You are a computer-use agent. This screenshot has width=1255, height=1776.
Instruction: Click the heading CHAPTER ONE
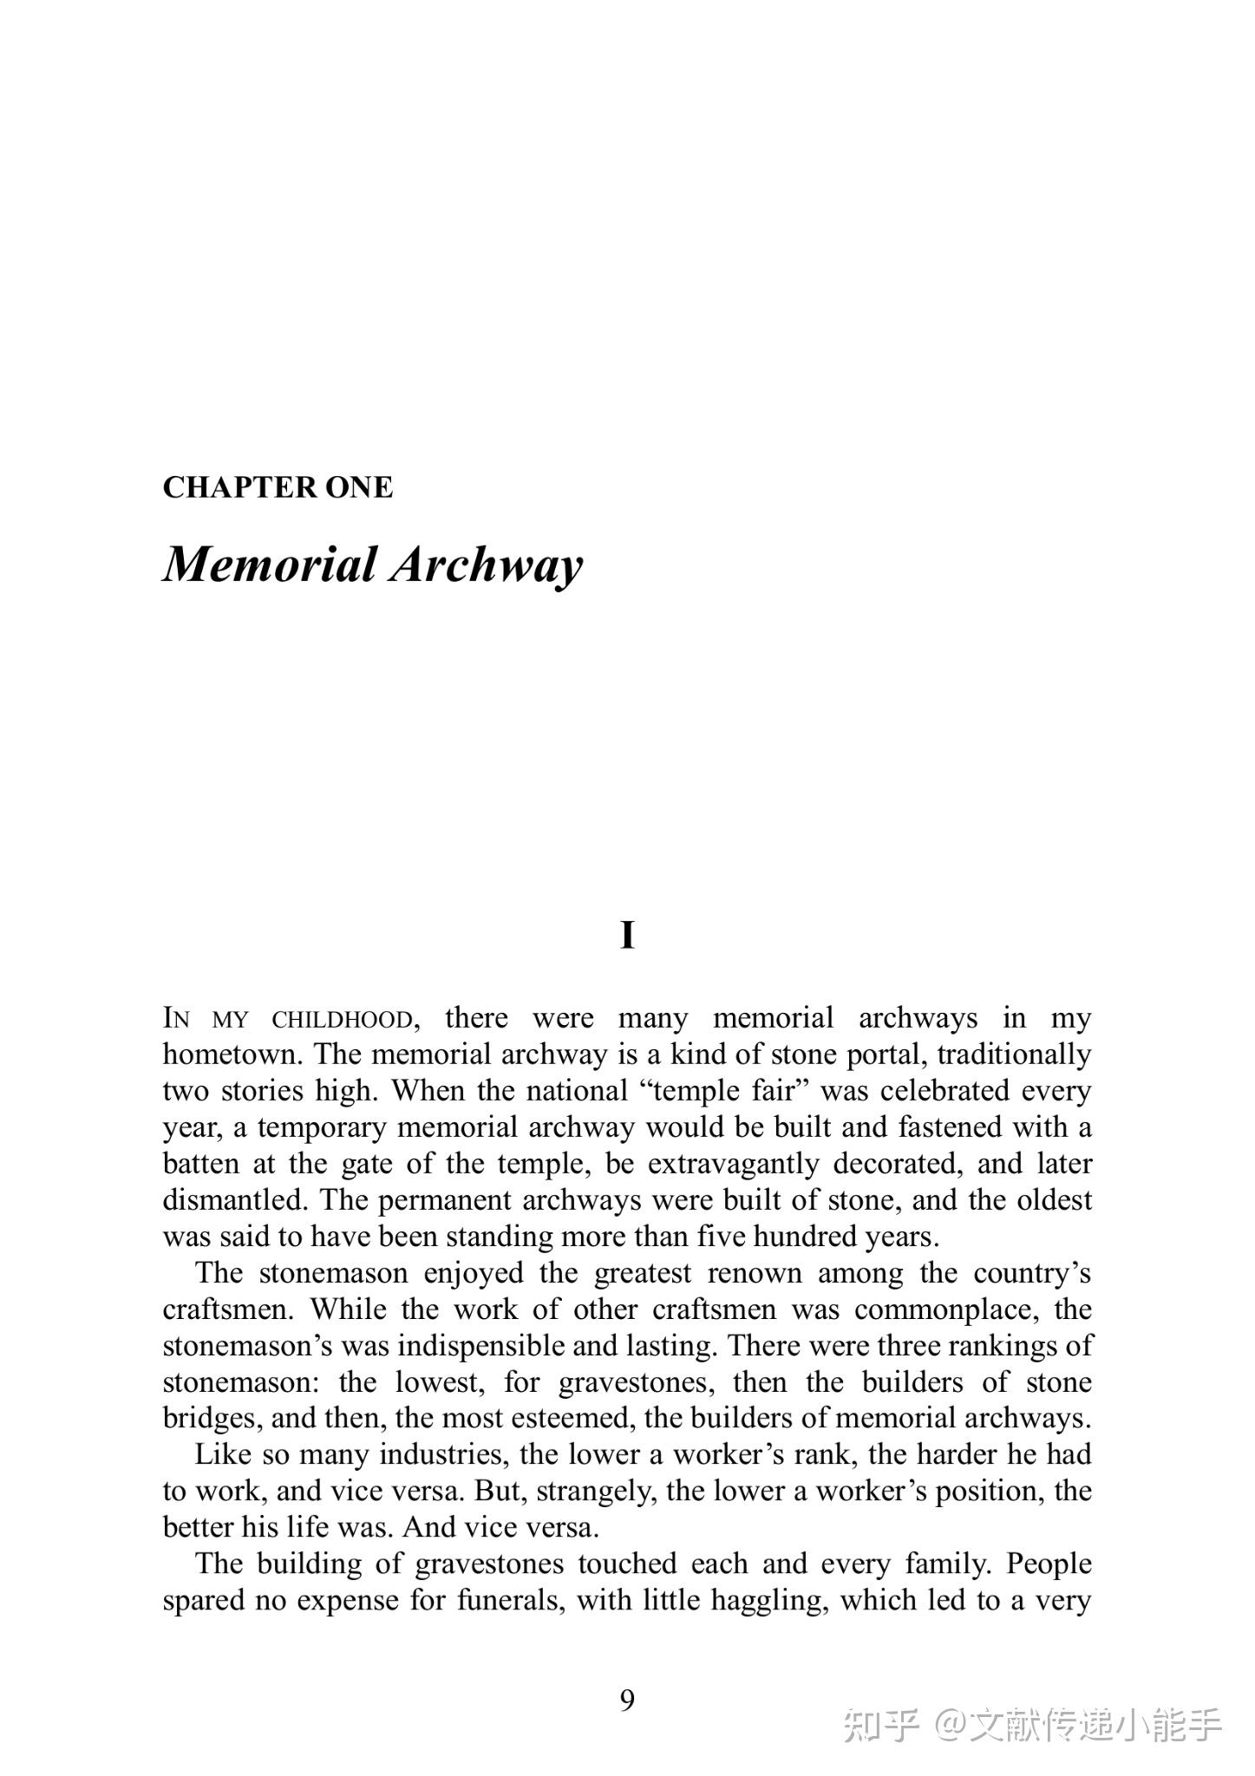[278, 487]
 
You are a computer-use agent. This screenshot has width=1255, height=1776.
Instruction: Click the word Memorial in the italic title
[270, 564]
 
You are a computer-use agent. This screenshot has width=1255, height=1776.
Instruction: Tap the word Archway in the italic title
[486, 565]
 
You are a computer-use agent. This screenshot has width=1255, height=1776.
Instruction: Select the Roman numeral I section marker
[627, 936]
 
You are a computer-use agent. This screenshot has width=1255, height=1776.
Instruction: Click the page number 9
[627, 1701]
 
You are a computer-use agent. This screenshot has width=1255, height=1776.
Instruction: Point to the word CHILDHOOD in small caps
[342, 1018]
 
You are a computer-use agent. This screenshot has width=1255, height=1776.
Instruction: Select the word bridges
[208, 1418]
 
